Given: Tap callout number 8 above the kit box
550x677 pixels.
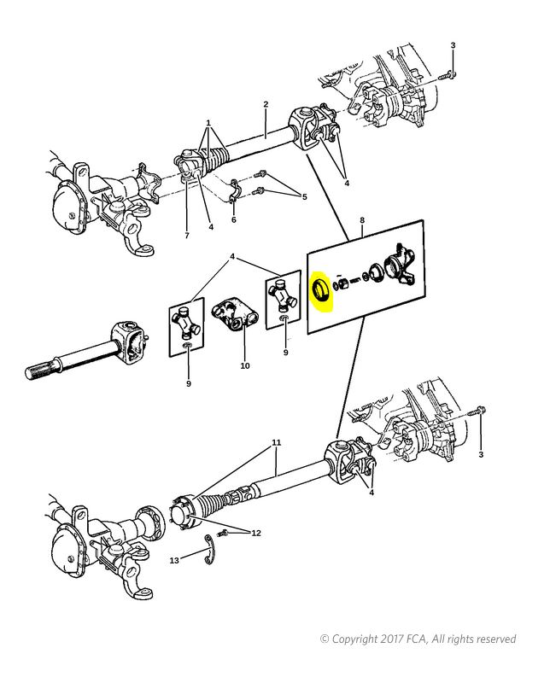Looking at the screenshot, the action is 362,220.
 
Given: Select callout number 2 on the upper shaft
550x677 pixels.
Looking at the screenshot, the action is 266,104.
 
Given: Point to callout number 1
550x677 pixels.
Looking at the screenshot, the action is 208,123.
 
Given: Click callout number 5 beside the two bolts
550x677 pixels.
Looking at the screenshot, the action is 305,197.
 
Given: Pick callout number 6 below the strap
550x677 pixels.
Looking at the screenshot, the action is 234,219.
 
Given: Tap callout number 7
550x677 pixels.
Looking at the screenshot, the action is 187,236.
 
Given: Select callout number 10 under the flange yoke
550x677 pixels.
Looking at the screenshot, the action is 245,365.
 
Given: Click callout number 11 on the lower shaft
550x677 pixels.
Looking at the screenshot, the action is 277,442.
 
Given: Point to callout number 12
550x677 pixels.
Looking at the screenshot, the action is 256,533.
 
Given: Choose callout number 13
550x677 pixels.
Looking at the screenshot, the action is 174,560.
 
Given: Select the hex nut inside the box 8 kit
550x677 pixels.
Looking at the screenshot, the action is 343,283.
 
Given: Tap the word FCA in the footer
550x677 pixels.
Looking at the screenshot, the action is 418,639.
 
